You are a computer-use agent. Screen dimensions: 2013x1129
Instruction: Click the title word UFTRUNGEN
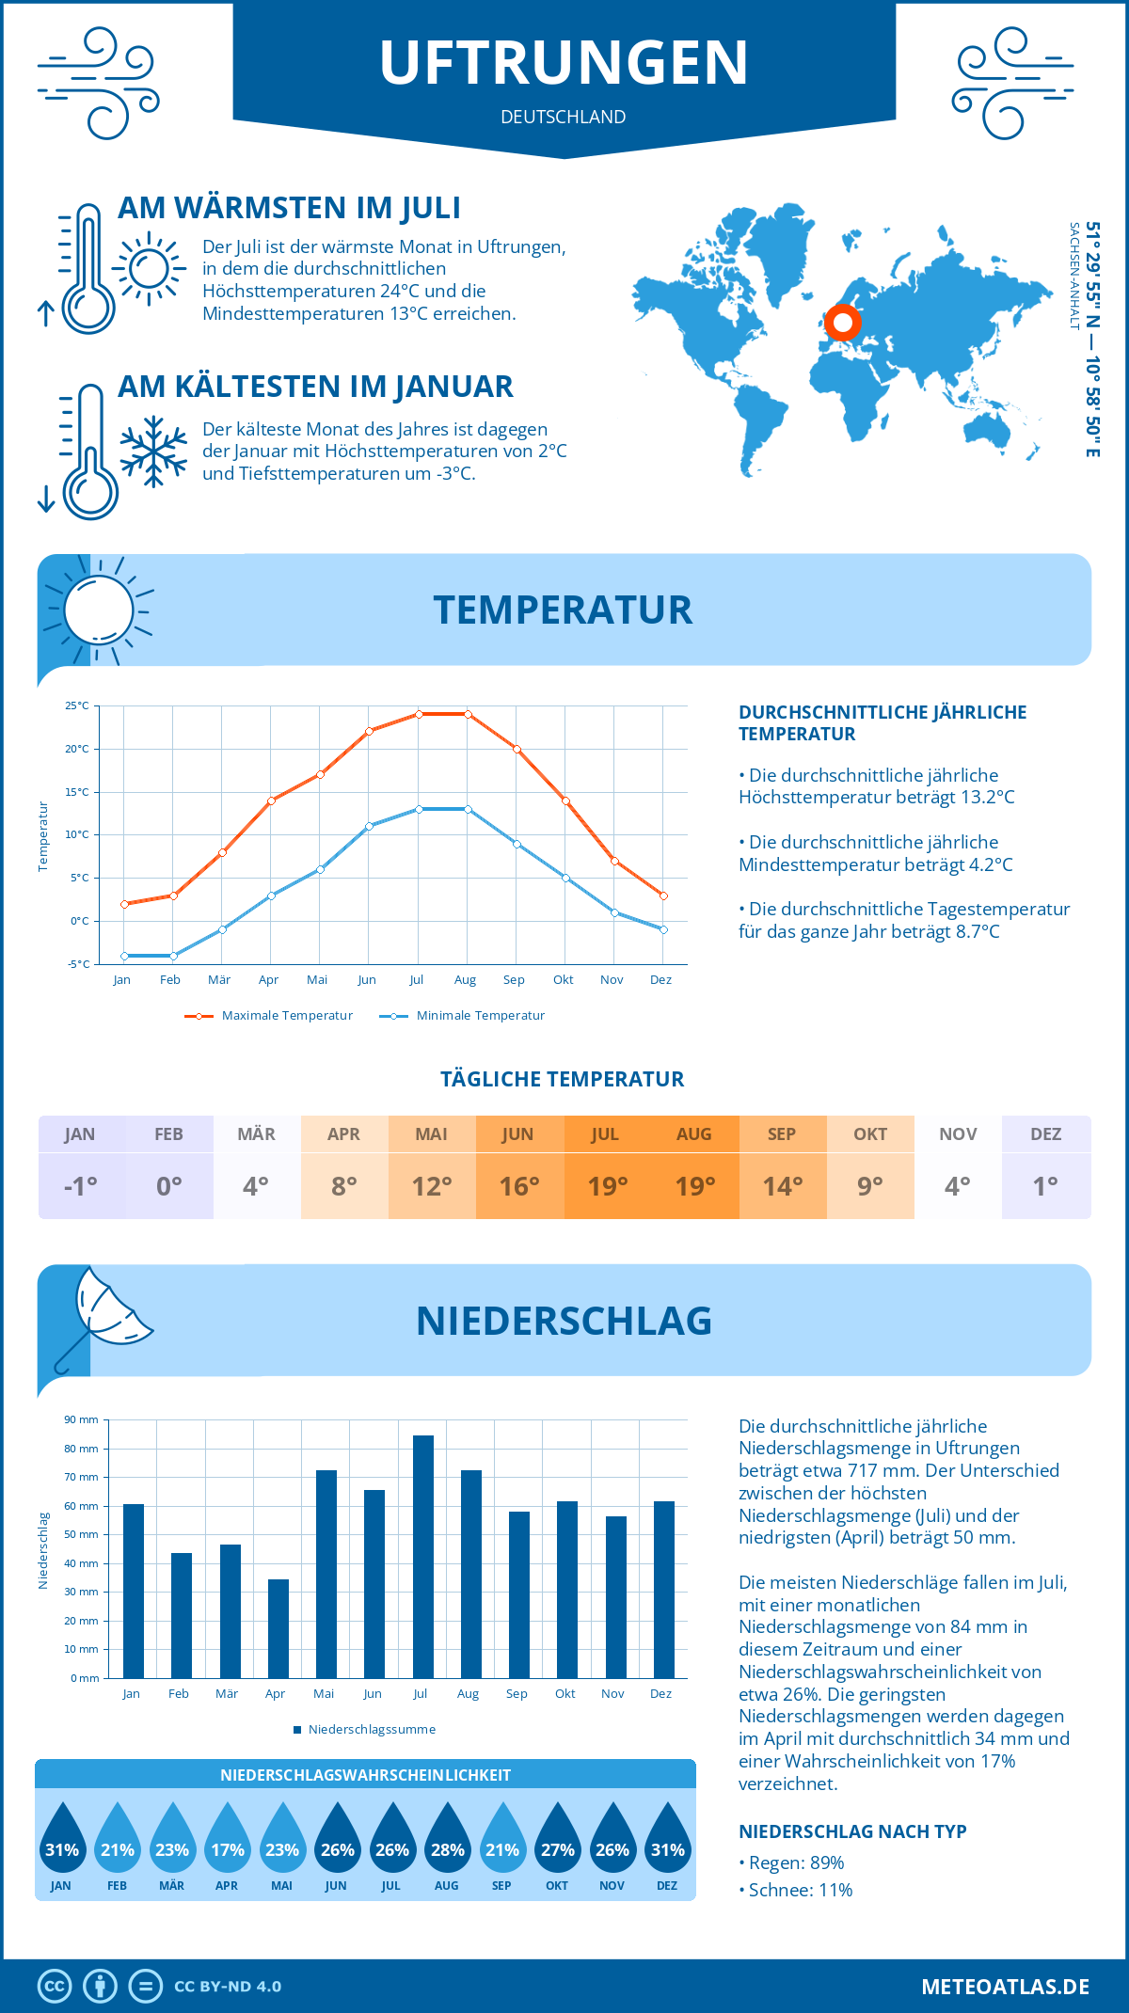(564, 63)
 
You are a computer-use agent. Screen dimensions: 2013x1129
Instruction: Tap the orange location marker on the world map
(843, 323)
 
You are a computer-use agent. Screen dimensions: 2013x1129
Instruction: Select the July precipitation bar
(423, 1557)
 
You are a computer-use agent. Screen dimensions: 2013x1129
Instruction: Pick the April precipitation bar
(278, 1628)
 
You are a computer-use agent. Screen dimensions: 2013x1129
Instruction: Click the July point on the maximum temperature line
(419, 714)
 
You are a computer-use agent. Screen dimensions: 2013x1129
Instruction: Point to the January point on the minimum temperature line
(124, 956)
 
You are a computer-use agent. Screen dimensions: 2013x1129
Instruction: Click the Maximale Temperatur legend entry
(269, 1016)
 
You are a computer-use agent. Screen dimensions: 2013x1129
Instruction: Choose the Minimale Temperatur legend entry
(462, 1016)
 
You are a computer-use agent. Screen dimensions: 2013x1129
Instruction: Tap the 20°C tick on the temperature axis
(77, 749)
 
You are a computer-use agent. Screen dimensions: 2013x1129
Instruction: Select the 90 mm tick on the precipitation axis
(82, 1419)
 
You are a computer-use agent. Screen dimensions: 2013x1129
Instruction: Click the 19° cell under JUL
(607, 1186)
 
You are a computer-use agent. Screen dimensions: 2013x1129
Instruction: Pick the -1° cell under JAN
(81, 1186)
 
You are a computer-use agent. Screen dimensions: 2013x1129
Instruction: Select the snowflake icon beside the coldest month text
(153, 452)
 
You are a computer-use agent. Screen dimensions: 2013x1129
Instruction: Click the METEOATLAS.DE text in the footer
(1005, 1987)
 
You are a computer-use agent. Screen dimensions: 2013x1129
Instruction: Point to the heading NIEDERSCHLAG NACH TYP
(852, 1831)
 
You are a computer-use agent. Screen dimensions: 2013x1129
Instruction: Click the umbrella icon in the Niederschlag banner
(103, 1312)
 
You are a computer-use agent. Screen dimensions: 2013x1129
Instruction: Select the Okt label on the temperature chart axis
(563, 980)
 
